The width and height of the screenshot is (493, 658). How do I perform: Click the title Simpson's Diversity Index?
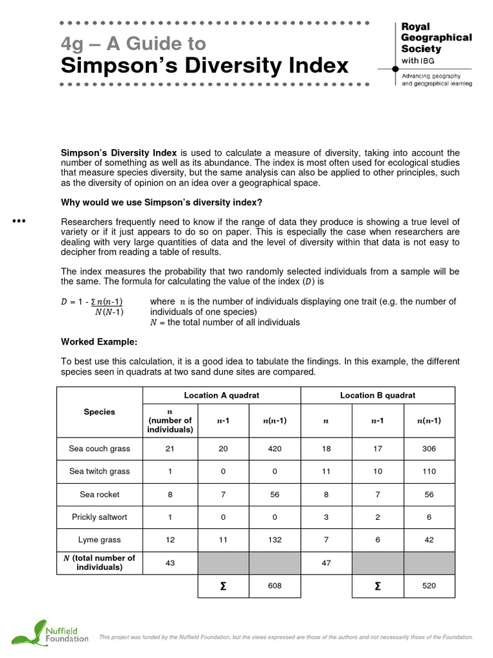pyautogui.click(x=205, y=66)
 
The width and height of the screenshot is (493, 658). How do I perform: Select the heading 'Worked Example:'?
pyautogui.click(x=99, y=341)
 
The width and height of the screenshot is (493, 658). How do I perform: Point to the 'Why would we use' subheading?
pyautogui.click(x=162, y=202)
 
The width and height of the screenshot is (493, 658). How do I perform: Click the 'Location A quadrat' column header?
pyautogui.click(x=221, y=395)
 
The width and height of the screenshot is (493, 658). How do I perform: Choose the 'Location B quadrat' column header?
pyautogui.click(x=377, y=395)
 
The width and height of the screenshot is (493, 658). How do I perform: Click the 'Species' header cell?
pyautogui.click(x=99, y=412)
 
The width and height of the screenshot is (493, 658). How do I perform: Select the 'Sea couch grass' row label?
pyautogui.click(x=99, y=449)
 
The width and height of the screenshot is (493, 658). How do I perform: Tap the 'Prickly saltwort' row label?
pyautogui.click(x=99, y=517)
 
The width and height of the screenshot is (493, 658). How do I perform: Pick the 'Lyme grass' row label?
pyautogui.click(x=99, y=540)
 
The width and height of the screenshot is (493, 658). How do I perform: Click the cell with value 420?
pyautogui.click(x=275, y=449)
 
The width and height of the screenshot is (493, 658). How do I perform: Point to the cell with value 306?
pyautogui.click(x=429, y=449)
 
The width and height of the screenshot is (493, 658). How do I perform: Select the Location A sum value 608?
pyautogui.click(x=275, y=586)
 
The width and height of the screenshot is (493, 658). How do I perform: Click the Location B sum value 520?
pyautogui.click(x=429, y=586)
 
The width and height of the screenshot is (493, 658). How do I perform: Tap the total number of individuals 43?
pyautogui.click(x=169, y=563)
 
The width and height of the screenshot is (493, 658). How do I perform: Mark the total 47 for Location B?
pyautogui.click(x=326, y=563)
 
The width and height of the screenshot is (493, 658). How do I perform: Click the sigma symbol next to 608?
pyautogui.click(x=223, y=586)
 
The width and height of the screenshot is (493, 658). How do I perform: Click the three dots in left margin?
pyautogui.click(x=19, y=222)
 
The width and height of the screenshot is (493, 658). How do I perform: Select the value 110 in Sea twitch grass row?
pyautogui.click(x=429, y=471)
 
